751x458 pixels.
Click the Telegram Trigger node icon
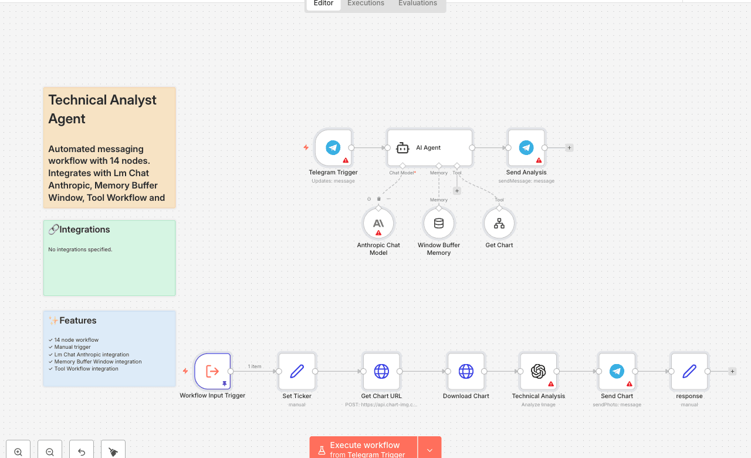click(333, 148)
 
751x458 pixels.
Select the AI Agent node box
click(429, 148)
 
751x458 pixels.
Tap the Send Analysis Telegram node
click(526, 148)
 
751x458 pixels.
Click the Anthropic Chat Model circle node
click(378, 223)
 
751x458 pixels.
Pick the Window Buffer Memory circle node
click(439, 223)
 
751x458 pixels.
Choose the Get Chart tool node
click(499, 223)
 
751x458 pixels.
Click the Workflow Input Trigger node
click(212, 371)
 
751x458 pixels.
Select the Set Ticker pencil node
click(297, 371)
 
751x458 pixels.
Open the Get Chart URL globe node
click(381, 371)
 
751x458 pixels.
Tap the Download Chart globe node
click(466, 371)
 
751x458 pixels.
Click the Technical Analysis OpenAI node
click(538, 371)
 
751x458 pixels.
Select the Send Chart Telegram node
click(617, 371)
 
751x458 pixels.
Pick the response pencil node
click(689, 371)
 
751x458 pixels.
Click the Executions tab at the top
click(366, 4)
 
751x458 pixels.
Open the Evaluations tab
click(418, 4)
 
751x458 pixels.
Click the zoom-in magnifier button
click(18, 452)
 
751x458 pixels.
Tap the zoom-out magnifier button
click(50, 452)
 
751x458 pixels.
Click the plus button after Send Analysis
click(569, 148)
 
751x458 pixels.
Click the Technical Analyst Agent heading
click(102, 109)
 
